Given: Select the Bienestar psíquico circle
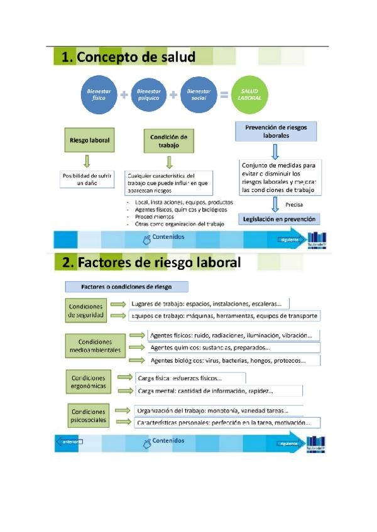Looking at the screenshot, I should coord(148,95).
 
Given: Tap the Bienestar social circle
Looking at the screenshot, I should coord(198,95).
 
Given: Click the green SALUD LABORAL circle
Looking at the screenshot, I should coord(250,95).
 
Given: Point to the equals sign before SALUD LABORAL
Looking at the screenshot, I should coord(223,96).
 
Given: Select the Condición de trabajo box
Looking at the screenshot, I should coord(169,141).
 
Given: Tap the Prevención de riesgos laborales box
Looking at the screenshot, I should coord(276,130).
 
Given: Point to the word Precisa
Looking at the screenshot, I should coord(295,205).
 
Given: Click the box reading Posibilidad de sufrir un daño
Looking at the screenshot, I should coord(87,179).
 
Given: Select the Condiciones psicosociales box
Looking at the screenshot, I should coord(88,416).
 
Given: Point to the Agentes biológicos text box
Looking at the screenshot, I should coord(232,361).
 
